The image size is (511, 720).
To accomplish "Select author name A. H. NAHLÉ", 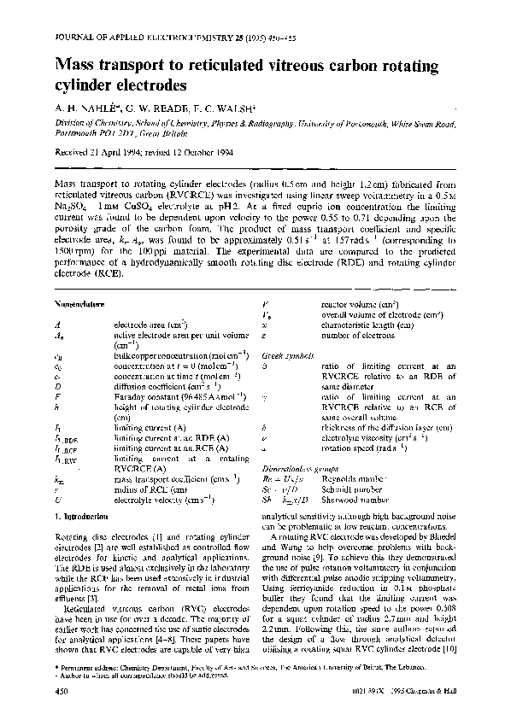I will point(88,109).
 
